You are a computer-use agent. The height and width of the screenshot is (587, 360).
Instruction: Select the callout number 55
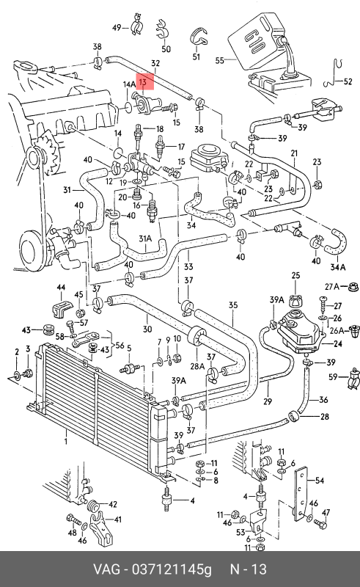(x=220, y=60)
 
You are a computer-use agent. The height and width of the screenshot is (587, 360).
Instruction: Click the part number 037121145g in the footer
(x=171, y=569)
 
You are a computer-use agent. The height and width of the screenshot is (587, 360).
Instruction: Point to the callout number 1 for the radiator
(x=66, y=442)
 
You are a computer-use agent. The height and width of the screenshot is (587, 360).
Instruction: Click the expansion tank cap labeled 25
(x=295, y=300)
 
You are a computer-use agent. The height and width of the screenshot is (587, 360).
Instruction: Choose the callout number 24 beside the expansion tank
(x=337, y=343)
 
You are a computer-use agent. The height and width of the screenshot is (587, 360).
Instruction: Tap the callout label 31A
(x=145, y=238)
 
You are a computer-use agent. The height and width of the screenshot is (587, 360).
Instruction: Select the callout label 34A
(x=338, y=267)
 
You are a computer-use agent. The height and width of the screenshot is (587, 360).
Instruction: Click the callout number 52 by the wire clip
(x=348, y=81)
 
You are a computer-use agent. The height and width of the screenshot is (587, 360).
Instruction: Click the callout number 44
(x=61, y=288)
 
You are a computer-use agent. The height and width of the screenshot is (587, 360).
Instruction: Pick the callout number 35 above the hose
(x=233, y=305)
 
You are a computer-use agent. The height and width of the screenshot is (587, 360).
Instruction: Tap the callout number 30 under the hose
(x=147, y=329)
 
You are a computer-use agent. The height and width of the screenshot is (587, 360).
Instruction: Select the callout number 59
(x=333, y=377)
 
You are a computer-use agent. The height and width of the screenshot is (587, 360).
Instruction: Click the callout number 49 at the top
(x=117, y=27)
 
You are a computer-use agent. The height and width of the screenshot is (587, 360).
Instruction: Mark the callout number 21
(x=295, y=153)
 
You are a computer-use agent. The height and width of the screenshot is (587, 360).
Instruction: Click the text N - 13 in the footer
(x=248, y=569)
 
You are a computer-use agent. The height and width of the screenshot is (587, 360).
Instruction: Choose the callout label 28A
(x=197, y=366)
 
